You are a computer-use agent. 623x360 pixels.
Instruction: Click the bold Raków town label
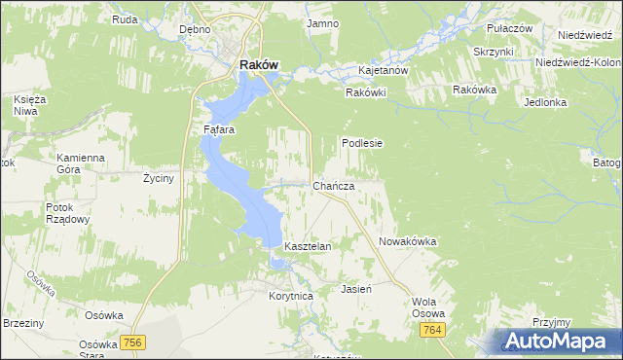(x=259, y=65)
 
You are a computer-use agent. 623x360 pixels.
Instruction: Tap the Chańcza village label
(x=333, y=186)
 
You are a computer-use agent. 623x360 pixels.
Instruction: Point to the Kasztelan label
(x=308, y=247)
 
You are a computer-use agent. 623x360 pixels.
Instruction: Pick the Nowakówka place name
(x=407, y=241)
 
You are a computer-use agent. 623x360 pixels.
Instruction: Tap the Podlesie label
(x=362, y=142)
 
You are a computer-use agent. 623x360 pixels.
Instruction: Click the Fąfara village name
(x=219, y=128)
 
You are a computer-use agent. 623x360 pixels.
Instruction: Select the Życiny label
(x=158, y=180)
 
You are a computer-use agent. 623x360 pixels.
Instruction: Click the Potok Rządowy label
(x=67, y=213)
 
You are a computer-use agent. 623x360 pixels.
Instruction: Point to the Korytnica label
(x=290, y=295)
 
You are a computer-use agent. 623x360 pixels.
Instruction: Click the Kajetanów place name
(x=383, y=71)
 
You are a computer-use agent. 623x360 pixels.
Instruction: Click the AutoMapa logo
(x=559, y=341)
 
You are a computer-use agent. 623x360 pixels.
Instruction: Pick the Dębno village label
(x=196, y=29)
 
